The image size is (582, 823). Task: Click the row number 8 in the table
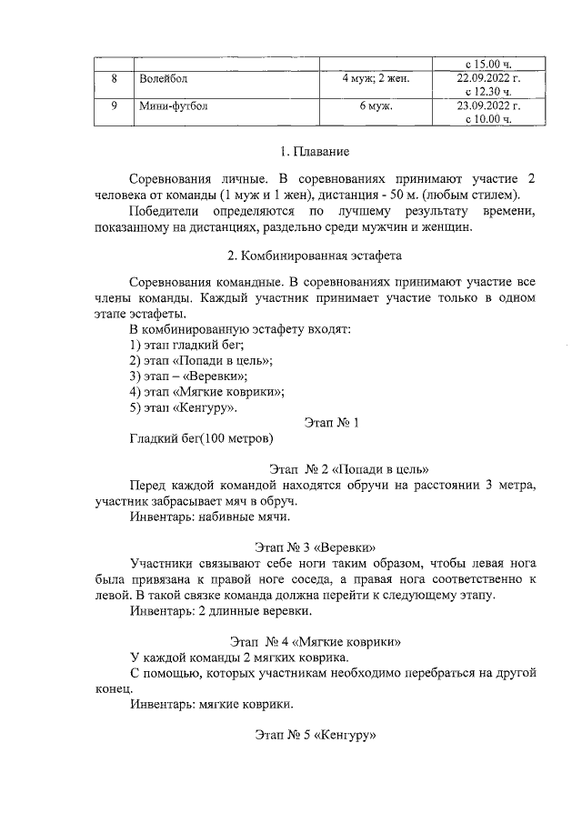point(114,80)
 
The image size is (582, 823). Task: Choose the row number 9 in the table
point(114,106)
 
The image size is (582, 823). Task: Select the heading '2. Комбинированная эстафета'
point(315,256)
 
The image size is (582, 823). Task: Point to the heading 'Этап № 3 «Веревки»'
point(316,547)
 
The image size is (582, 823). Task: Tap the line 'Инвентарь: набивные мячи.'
point(210,517)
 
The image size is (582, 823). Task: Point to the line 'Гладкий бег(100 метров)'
point(202,440)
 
